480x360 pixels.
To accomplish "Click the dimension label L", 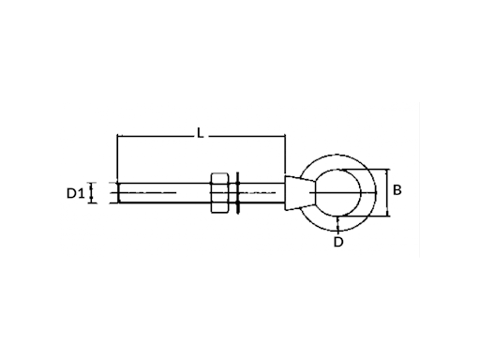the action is [200, 133].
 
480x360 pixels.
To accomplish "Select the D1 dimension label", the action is [76, 194].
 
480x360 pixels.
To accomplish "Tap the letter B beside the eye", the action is [397, 190].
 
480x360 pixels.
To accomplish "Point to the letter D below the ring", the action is [338, 242].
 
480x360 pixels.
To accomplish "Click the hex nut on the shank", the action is [220, 192].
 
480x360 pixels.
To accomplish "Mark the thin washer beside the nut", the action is [237, 193].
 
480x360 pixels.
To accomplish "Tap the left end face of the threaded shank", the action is [119, 193].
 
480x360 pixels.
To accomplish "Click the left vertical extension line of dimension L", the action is [117, 158].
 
